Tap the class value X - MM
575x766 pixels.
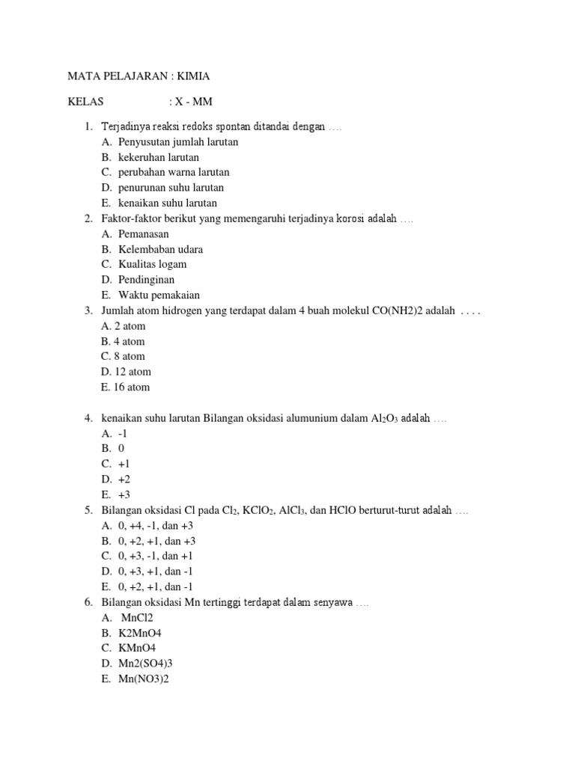(x=191, y=102)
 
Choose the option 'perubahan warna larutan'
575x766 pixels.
(x=174, y=172)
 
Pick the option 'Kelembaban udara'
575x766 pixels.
(x=160, y=249)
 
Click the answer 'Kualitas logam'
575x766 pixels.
(x=153, y=264)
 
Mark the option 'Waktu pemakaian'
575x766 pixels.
(x=159, y=295)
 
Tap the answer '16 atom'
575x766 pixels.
(x=132, y=387)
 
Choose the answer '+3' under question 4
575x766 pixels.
(x=124, y=494)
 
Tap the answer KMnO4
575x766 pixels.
(x=138, y=648)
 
